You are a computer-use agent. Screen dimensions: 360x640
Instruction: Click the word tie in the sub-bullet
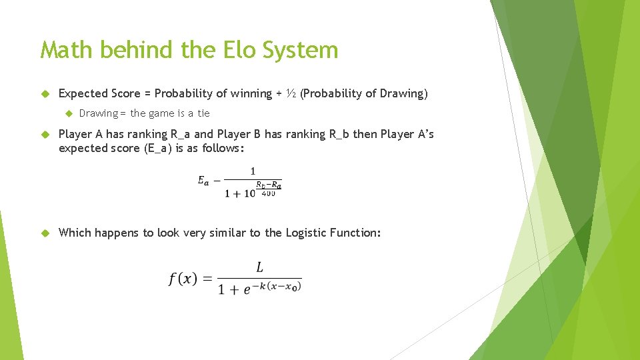[203, 113]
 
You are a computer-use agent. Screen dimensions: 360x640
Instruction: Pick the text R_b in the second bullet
[339, 134]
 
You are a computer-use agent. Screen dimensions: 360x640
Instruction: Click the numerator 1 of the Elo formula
[253, 171]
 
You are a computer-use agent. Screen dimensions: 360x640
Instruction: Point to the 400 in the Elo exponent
[268, 193]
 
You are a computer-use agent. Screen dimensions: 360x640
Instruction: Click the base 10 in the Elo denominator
[249, 193]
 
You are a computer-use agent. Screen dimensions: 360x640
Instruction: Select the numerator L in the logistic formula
[259, 267]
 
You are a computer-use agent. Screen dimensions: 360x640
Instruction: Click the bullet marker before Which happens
[45, 233]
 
